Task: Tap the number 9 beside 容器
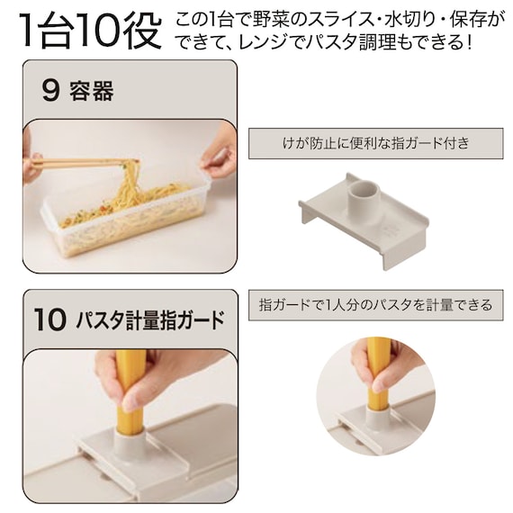pos(50,91)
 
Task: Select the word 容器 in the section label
pos(92,91)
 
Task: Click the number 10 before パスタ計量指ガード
pos(50,319)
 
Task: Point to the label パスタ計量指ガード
pos(150,319)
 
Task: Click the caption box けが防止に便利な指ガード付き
pos(376,144)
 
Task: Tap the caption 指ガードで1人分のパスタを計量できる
pos(376,305)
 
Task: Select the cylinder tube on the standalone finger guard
pos(364,202)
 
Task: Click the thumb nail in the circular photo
pos(381,383)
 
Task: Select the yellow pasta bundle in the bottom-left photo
pos(130,392)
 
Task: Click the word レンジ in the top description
pos(261,42)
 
